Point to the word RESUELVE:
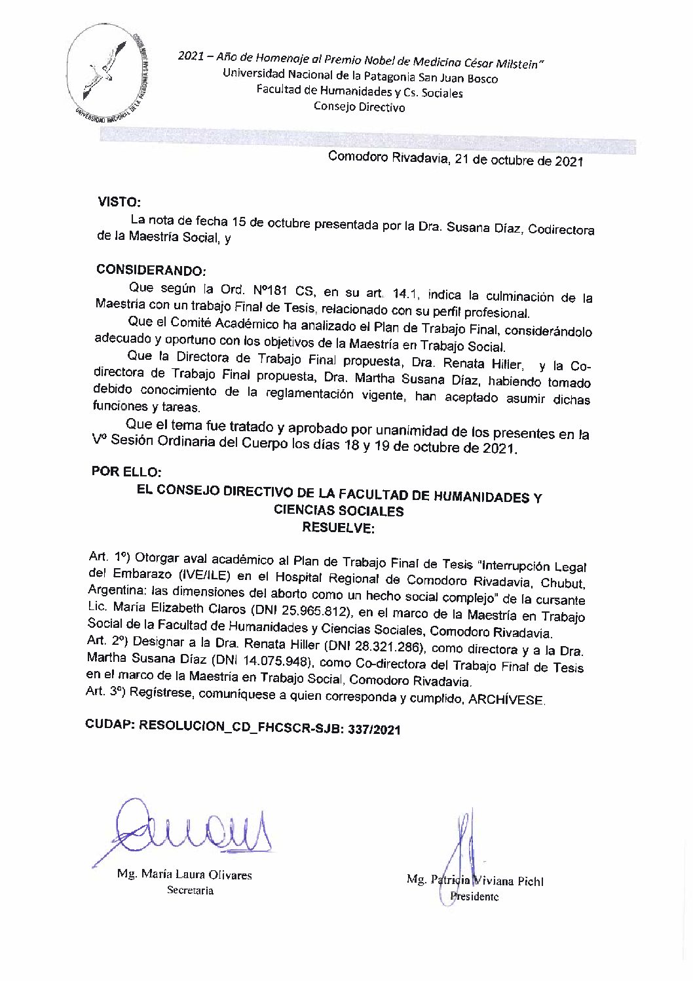pos(337,528)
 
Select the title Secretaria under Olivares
pos(190,891)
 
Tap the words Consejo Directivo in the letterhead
pos(359,107)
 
